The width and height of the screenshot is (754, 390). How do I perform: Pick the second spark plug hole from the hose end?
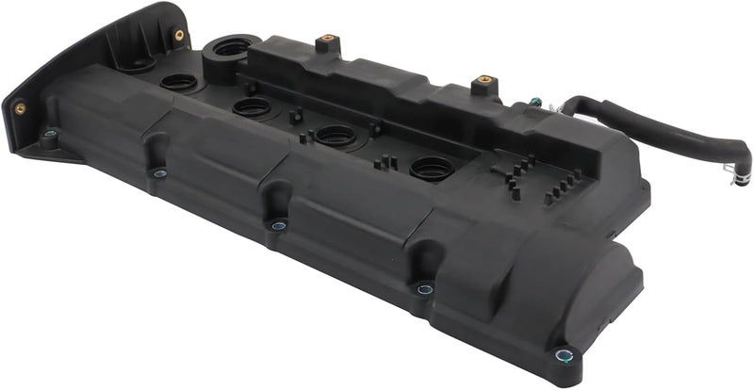(x=336, y=136)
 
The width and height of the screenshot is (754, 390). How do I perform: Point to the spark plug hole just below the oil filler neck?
(x=252, y=106)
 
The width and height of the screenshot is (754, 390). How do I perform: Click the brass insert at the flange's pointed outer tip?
(x=20, y=108)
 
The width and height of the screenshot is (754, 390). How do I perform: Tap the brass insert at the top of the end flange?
(x=178, y=36)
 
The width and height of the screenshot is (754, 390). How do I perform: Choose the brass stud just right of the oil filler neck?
(x=327, y=41)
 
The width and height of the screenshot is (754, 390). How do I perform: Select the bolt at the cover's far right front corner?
(x=564, y=355)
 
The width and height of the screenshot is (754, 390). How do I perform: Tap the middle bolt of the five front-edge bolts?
(x=278, y=225)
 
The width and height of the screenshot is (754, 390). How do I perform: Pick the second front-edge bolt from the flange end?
(x=160, y=173)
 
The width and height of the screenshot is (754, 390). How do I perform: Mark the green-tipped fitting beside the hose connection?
(x=534, y=101)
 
